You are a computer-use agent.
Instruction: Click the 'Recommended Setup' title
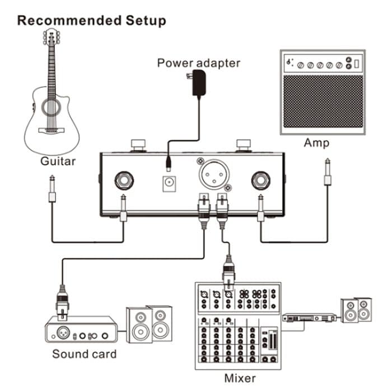click(92, 21)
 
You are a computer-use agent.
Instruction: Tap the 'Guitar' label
click(58, 162)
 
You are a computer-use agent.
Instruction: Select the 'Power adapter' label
click(198, 63)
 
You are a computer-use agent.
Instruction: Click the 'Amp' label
click(316, 143)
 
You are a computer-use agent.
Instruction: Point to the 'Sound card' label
click(85, 354)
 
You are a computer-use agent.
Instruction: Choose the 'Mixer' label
click(240, 379)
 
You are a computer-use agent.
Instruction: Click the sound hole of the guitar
click(52, 108)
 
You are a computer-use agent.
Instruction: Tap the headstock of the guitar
click(52, 38)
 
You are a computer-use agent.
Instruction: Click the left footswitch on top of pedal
click(138, 145)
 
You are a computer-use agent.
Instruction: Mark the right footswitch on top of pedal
click(243, 145)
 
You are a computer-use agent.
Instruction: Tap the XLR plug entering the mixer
click(228, 271)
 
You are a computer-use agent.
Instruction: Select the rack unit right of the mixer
click(309, 318)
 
